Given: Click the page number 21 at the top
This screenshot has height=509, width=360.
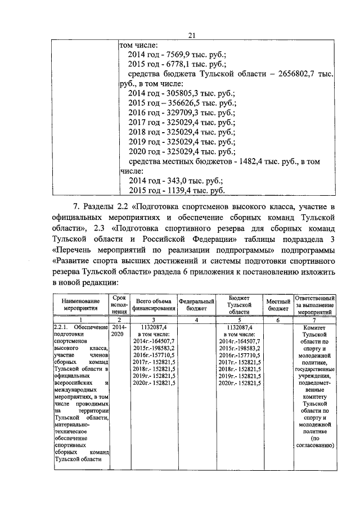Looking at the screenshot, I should pos(191,35).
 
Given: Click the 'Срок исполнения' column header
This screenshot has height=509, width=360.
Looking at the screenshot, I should pos(119,304).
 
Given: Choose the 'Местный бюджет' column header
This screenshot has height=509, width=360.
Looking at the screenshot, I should pos(278,305).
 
